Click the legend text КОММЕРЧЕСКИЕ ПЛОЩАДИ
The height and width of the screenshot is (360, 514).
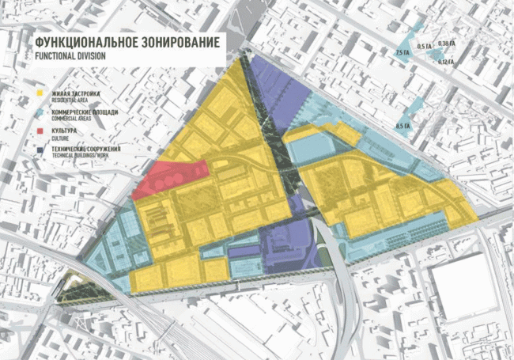tap(82, 112)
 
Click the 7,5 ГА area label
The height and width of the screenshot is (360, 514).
tap(402, 52)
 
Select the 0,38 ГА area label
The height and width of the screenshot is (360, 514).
tap(447, 43)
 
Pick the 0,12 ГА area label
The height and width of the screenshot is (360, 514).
tap(445, 62)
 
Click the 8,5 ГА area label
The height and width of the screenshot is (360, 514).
tap(403, 125)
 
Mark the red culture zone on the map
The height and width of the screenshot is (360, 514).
tap(170, 178)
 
